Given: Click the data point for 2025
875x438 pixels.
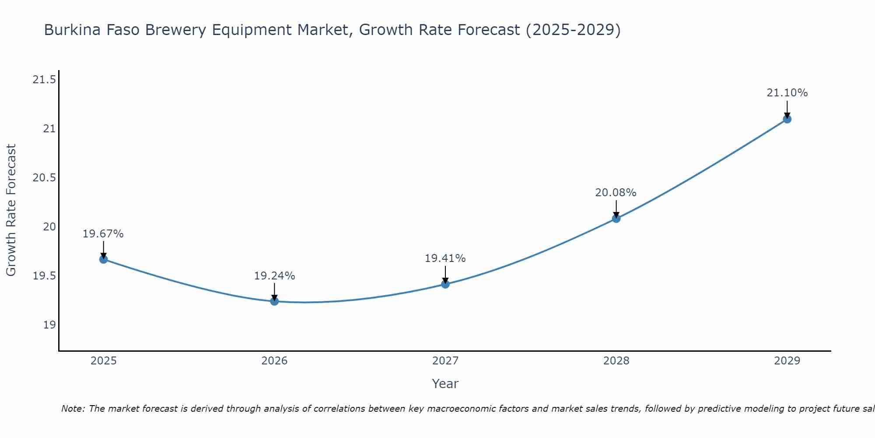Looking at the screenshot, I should tap(103, 259).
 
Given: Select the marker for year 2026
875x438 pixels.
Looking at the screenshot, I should tap(274, 301).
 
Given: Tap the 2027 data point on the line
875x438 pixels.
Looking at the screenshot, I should tap(445, 284).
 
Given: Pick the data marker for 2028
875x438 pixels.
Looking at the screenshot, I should tap(616, 219).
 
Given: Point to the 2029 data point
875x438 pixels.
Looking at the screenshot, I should tap(787, 119).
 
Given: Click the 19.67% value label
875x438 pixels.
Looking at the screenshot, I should tap(103, 234).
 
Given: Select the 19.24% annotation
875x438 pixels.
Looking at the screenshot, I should tap(274, 276).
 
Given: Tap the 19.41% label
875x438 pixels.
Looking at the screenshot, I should tap(445, 258).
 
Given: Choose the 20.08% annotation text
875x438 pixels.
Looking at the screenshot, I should tap(616, 193).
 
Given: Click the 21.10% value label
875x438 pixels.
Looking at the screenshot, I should tap(787, 93).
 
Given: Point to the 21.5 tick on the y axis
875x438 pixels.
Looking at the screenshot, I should tap(44, 80).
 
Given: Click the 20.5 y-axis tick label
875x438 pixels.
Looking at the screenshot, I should tap(44, 178).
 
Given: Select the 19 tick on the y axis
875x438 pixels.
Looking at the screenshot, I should tap(49, 325).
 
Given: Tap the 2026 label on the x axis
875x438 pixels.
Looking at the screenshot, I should tap(274, 361).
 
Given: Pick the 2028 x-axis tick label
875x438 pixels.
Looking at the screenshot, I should tap(616, 361).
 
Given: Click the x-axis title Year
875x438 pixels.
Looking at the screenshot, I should tap(445, 384).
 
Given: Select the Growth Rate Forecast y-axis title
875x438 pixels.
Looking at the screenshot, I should tap(11, 210).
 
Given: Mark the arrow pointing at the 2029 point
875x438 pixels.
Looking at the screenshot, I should tap(787, 109).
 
